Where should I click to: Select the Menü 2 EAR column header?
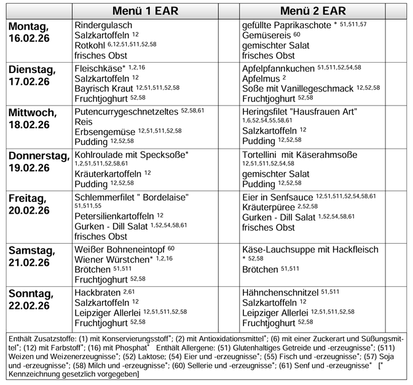coord(312,11)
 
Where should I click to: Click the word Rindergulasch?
coord(103,25)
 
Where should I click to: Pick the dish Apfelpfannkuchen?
coord(278,68)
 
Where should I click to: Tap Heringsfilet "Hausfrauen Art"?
coord(300,111)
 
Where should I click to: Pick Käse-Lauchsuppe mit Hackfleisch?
coord(311,249)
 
